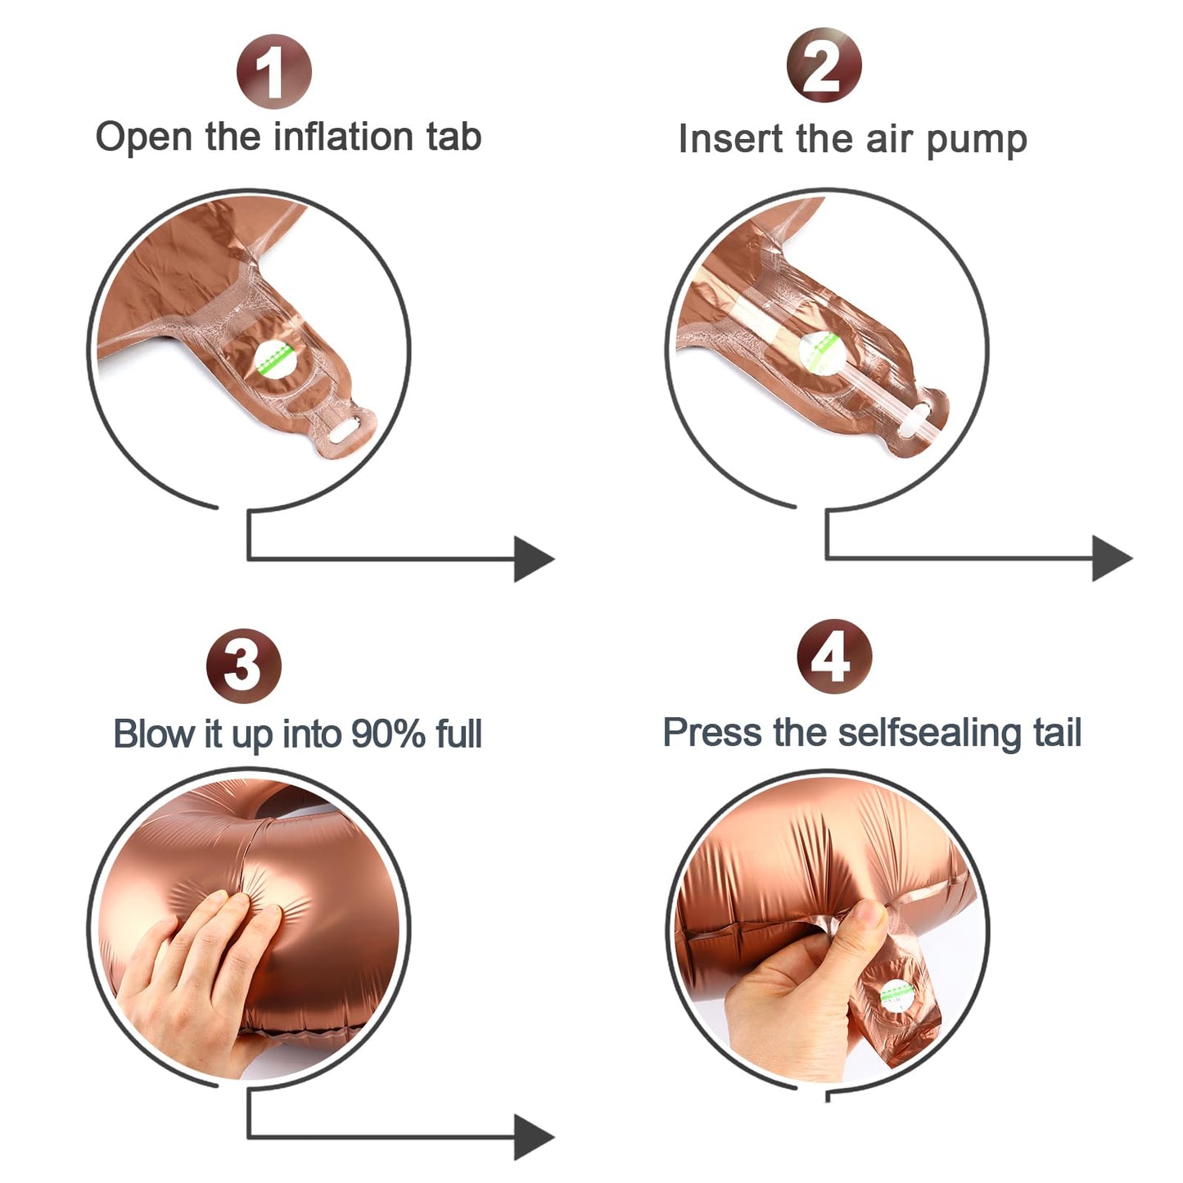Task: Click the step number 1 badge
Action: (x=274, y=72)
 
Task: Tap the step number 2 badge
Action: (x=824, y=65)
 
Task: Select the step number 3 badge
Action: (x=244, y=666)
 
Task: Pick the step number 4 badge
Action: (x=834, y=657)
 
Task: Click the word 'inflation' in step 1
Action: (x=343, y=136)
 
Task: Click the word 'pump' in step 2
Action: (x=977, y=141)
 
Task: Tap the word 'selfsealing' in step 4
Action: (x=928, y=733)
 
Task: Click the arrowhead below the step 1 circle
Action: (x=534, y=558)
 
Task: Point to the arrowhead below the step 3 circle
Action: (x=534, y=1137)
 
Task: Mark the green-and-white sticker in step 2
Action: (x=819, y=352)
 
